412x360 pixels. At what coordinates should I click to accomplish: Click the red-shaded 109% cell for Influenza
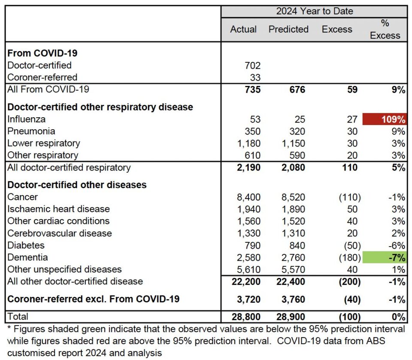pyautogui.click(x=385, y=119)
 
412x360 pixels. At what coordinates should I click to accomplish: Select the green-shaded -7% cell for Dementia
pyautogui.click(x=385, y=257)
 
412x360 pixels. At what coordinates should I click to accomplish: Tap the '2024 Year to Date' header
pyautogui.click(x=315, y=11)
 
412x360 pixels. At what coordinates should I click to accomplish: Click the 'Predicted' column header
pyautogui.click(x=288, y=29)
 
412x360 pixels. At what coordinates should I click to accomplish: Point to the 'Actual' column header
pyautogui.click(x=243, y=29)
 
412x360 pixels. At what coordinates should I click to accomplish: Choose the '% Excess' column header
pyautogui.click(x=385, y=29)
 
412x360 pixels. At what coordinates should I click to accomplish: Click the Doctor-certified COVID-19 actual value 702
pyautogui.click(x=252, y=65)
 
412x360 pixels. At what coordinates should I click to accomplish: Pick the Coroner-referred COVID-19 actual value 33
pyautogui.click(x=255, y=78)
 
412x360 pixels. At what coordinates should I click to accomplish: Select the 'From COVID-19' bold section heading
pyautogui.click(x=42, y=53)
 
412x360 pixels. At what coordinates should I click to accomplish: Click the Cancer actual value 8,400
pyautogui.click(x=248, y=197)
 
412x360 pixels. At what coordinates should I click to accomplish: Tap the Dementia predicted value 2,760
pyautogui.click(x=293, y=257)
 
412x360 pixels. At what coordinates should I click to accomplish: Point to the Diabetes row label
pyautogui.click(x=26, y=245)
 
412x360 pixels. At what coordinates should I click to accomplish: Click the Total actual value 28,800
pyautogui.click(x=246, y=317)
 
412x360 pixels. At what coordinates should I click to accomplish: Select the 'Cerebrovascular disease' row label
pyautogui.click(x=60, y=233)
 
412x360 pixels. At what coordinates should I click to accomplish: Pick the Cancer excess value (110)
pyautogui.click(x=350, y=197)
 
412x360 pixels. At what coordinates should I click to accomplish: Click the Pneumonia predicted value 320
pyautogui.click(x=297, y=131)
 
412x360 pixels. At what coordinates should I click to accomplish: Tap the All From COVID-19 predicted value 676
pyautogui.click(x=297, y=89)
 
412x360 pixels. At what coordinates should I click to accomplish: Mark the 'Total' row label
pyautogui.click(x=18, y=316)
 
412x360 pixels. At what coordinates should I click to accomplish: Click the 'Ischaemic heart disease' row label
pyautogui.click(x=59, y=209)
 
